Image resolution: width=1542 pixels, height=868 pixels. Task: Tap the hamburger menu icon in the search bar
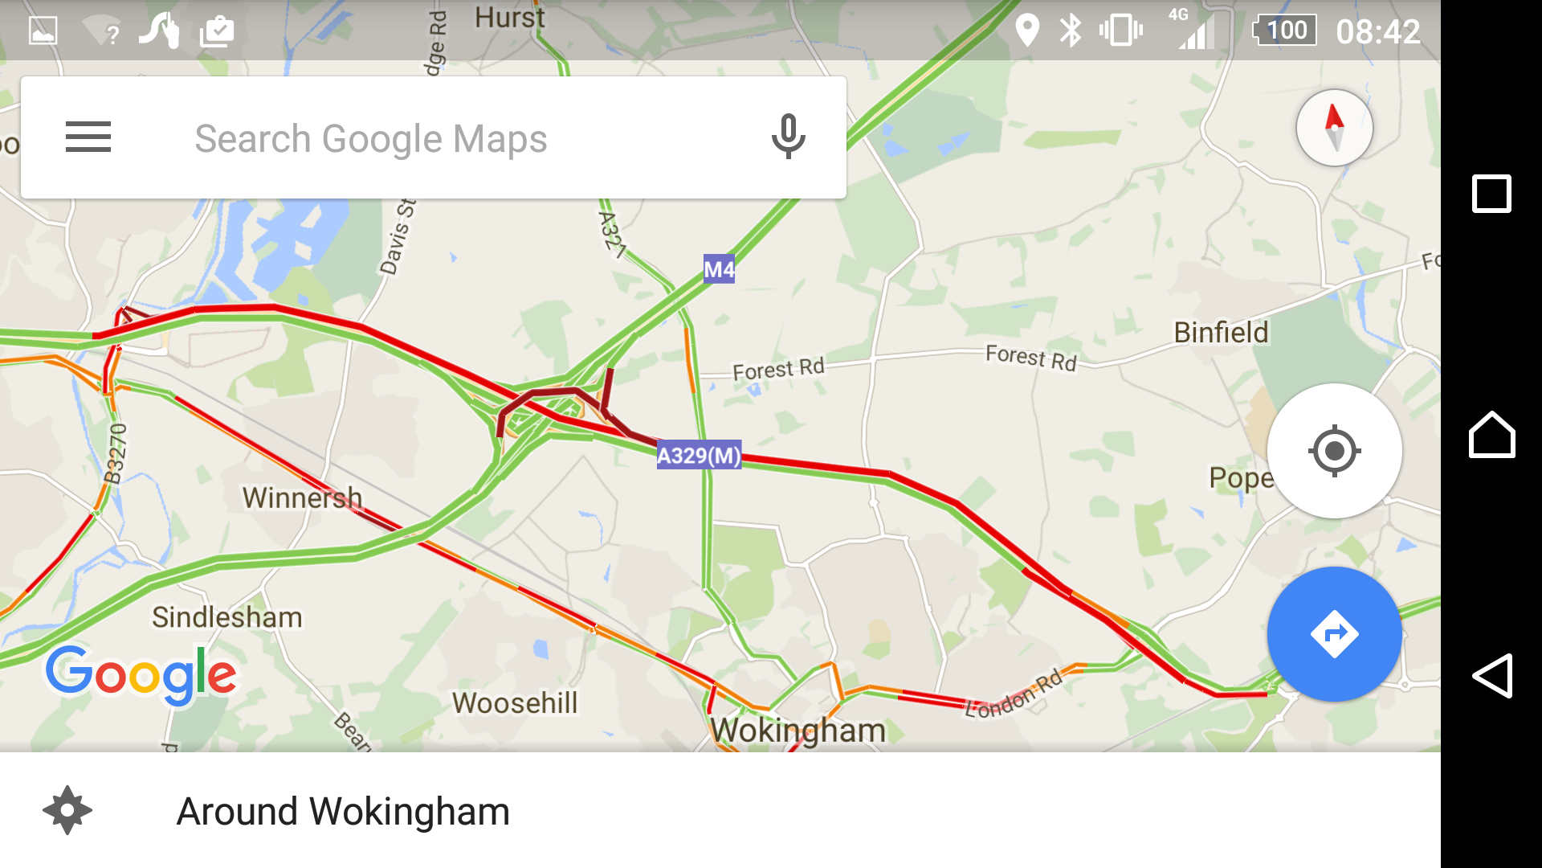[x=88, y=137]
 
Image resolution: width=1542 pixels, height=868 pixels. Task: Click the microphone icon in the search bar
[x=788, y=137]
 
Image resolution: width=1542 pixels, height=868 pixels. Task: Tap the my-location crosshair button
[x=1334, y=451]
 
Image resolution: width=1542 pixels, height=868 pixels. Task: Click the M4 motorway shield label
[x=719, y=269]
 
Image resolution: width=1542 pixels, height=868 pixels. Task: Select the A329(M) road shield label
[x=699, y=456]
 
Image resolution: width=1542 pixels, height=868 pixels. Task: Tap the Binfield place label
[x=1221, y=333]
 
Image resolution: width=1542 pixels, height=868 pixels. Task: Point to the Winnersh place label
[x=302, y=497]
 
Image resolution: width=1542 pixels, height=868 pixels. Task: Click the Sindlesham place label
[x=227, y=617]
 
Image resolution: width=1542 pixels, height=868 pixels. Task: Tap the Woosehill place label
[x=515, y=703]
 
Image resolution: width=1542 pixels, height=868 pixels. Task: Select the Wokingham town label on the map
[x=798, y=731]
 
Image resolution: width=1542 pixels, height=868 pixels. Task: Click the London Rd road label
[x=1014, y=694]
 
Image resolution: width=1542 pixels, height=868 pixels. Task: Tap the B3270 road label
[x=116, y=454]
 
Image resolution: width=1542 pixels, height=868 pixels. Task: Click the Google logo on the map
[x=141, y=675]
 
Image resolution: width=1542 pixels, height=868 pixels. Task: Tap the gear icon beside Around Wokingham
[x=67, y=810]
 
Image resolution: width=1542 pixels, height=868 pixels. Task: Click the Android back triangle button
[x=1491, y=676]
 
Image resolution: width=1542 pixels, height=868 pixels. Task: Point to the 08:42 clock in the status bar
[x=1378, y=32]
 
